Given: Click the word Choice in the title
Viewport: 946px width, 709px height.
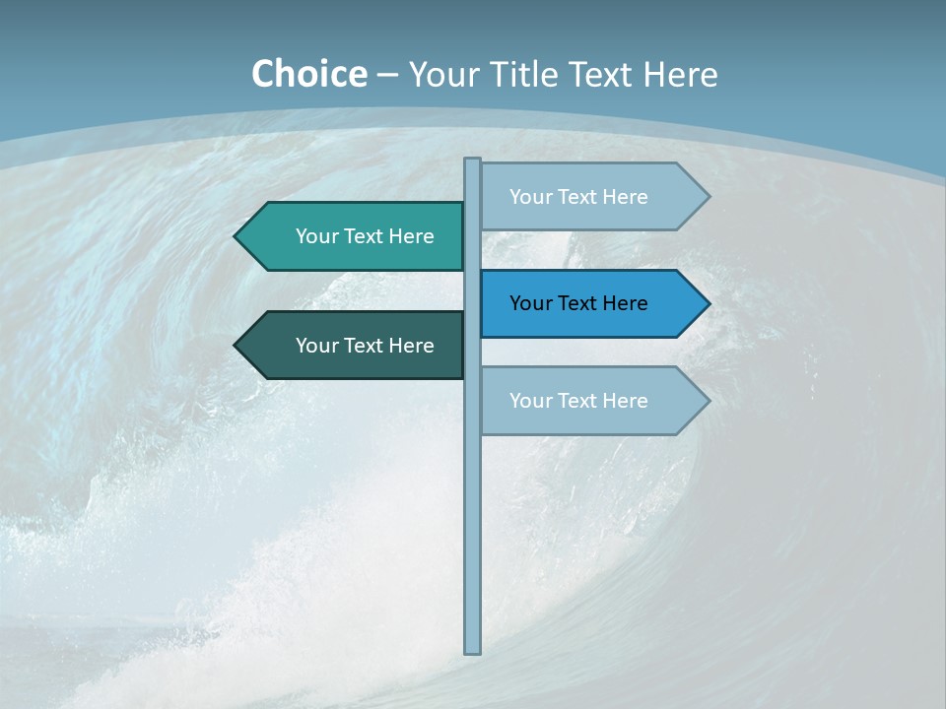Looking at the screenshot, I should [308, 74].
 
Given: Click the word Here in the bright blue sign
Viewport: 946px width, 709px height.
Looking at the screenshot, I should [624, 303].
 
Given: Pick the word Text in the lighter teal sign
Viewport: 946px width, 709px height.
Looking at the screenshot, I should [367, 236].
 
